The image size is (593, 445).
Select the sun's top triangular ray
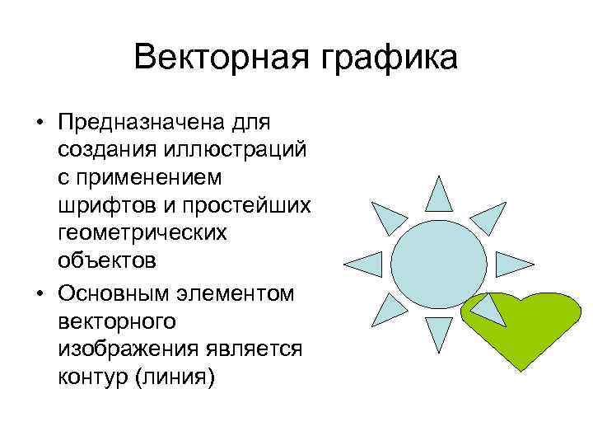point(441,194)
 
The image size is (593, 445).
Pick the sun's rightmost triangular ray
point(516,265)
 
